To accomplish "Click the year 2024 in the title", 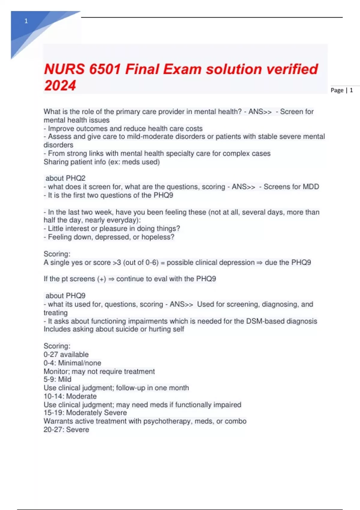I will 60,85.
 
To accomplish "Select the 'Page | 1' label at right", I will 342,90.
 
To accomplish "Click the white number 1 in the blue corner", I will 26,21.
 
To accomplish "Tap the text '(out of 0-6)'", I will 141,262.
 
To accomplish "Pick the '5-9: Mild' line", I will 57,379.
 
